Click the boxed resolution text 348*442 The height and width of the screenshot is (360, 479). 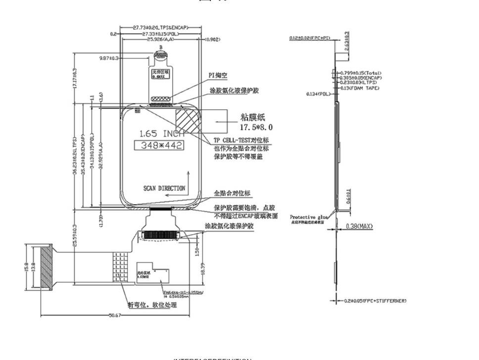click(159, 145)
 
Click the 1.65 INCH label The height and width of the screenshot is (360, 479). click(161, 134)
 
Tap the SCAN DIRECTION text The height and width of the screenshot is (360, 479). click(164, 188)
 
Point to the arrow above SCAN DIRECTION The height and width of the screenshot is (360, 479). click(188, 178)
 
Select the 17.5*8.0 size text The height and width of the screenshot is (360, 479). click(256, 127)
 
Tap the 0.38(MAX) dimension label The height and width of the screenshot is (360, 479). click(359, 226)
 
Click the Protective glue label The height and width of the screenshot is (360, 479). click(309, 217)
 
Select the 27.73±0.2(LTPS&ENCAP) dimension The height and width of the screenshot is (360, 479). click(161, 28)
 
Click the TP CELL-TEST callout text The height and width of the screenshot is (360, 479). click(241, 140)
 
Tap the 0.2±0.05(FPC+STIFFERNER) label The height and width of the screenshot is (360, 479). click(375, 301)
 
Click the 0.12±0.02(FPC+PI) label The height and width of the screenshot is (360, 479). click(310, 38)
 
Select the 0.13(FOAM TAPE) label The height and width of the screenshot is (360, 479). click(360, 88)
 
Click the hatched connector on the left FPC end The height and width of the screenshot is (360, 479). click(46, 268)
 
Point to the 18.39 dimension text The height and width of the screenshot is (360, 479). click(202, 270)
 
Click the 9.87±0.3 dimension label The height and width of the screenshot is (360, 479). click(109, 58)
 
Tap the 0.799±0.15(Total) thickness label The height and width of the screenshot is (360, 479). click(361, 73)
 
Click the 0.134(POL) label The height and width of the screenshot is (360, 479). click(318, 94)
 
